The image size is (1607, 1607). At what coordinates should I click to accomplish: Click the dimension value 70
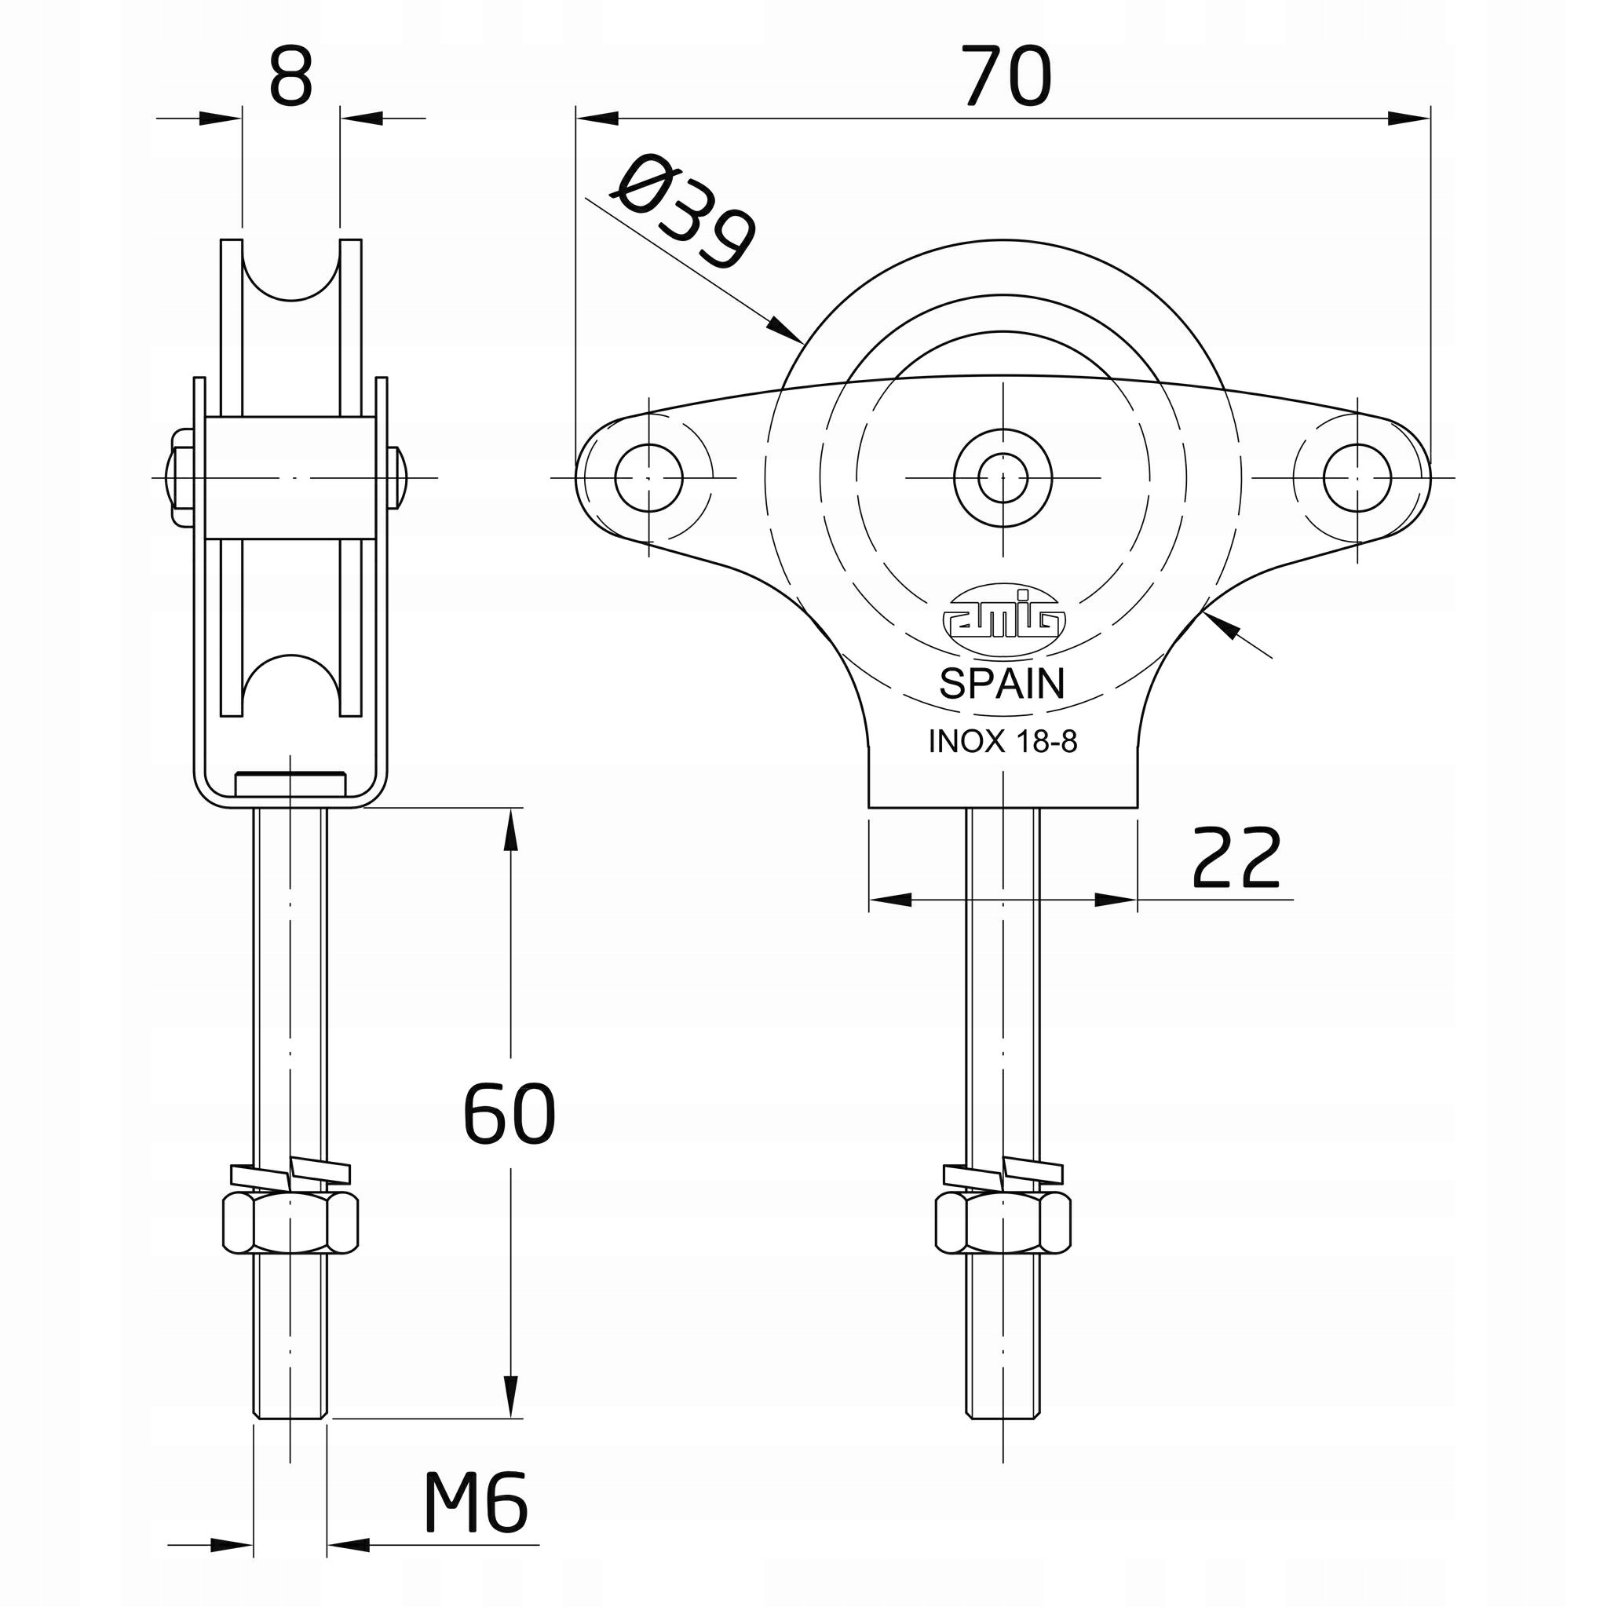[x=1006, y=76]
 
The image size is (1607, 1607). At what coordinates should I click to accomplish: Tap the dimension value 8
[x=291, y=76]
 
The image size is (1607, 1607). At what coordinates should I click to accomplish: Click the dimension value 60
[x=509, y=1113]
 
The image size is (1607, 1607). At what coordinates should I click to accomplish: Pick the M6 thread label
[x=475, y=1503]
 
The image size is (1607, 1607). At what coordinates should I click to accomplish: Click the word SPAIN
[x=1002, y=684]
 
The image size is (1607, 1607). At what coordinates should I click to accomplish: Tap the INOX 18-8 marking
[x=1003, y=741]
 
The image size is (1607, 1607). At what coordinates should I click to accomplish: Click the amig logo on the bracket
[x=1003, y=613]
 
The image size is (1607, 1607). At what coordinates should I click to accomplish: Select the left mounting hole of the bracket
[x=648, y=477]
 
